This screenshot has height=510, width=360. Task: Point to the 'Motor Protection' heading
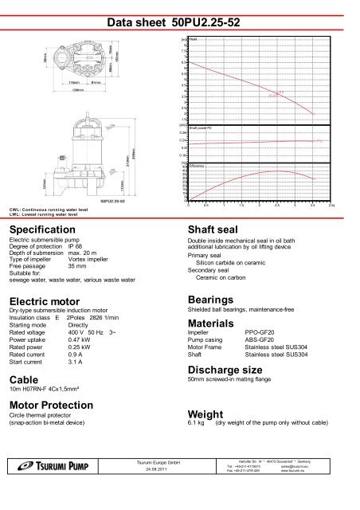point(52,404)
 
